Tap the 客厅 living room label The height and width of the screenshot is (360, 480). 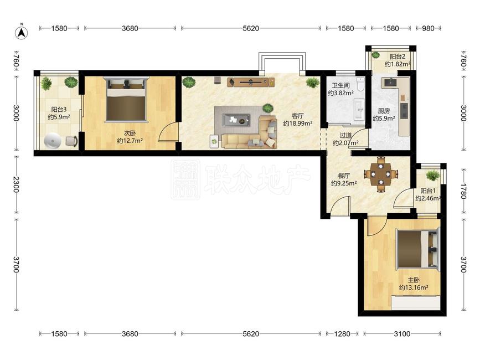click(x=297, y=116)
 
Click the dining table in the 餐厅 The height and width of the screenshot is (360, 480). click(x=381, y=174)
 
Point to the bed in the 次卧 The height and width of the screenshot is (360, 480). click(x=126, y=99)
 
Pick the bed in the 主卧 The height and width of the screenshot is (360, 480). click(x=417, y=249)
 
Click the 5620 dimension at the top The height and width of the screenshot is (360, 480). click(x=251, y=28)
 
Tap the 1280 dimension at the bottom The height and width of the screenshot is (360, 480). click(x=342, y=333)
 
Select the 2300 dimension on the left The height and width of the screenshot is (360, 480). click(x=16, y=184)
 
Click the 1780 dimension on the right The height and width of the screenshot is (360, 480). click(x=463, y=191)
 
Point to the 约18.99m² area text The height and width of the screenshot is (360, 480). click(x=297, y=124)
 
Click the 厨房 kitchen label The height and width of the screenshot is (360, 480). click(x=384, y=111)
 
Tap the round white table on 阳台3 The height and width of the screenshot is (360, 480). click(x=53, y=141)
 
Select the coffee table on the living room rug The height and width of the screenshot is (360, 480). click(x=236, y=120)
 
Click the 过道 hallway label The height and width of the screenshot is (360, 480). click(x=345, y=135)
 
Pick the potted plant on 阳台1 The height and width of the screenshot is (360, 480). click(x=432, y=176)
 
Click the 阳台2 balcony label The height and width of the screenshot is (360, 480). click(x=398, y=56)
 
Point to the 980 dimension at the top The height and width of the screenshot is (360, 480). click(x=429, y=28)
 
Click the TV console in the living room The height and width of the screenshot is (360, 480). click(x=251, y=82)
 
